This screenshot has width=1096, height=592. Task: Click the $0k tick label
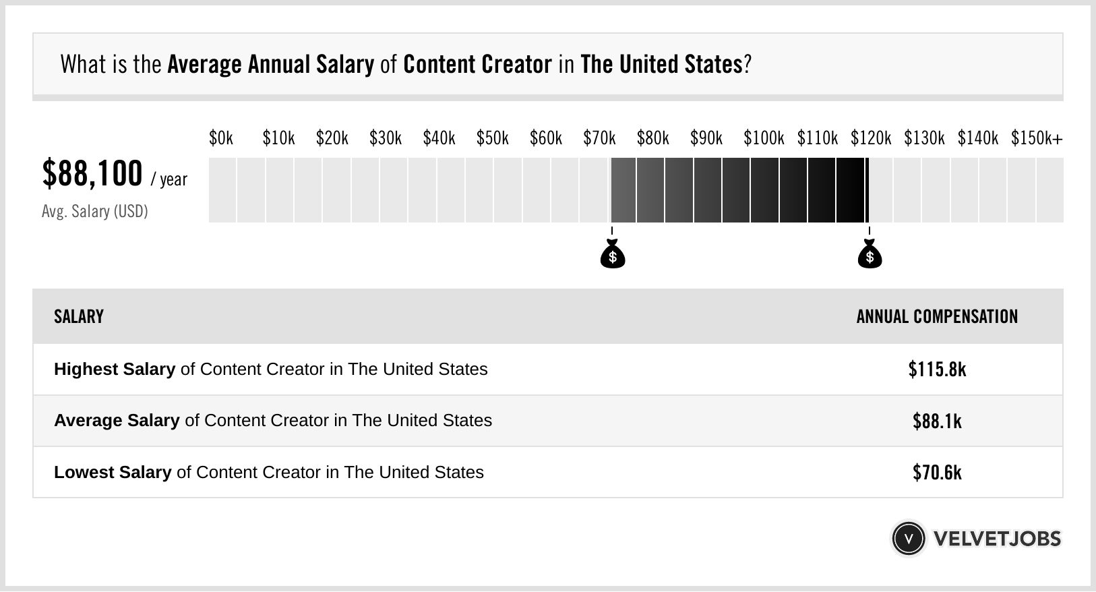click(x=220, y=138)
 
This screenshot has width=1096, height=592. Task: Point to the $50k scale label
click(x=492, y=138)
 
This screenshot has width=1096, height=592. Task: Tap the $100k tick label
click(x=763, y=138)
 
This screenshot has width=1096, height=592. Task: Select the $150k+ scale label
click(x=1036, y=138)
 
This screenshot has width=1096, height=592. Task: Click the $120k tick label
click(x=870, y=138)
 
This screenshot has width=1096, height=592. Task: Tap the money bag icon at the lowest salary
click(x=612, y=254)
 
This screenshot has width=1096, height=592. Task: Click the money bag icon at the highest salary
click(x=870, y=254)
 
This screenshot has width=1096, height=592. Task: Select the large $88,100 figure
click(x=92, y=173)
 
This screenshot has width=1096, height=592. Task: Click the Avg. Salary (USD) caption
click(x=94, y=212)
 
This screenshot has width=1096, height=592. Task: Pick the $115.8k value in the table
click(x=937, y=369)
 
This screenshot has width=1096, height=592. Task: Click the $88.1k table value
click(x=937, y=421)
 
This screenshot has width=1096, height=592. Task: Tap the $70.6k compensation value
click(x=937, y=473)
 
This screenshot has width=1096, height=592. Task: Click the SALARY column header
click(x=79, y=317)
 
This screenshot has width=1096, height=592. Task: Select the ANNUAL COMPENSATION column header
click(x=937, y=317)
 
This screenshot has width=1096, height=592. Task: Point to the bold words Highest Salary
click(x=115, y=369)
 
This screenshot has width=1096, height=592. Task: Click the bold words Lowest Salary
click(x=113, y=473)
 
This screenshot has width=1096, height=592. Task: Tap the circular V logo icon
click(x=908, y=539)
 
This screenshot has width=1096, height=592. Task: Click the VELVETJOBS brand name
click(x=997, y=539)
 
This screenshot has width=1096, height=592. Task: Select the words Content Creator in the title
click(x=477, y=65)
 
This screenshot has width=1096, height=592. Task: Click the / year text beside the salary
click(x=169, y=180)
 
